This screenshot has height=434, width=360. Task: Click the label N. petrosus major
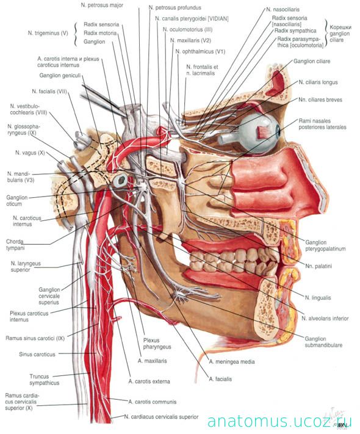[102, 5]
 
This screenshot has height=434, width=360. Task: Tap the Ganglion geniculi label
[60, 75]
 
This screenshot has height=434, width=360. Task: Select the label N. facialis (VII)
[49, 91]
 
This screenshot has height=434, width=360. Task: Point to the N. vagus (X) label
[30, 153]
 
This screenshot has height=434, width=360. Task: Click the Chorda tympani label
[15, 245]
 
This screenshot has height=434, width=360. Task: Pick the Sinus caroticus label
[37, 354]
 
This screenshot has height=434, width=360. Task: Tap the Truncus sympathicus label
[45, 380]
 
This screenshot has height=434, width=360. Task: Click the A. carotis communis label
[152, 402]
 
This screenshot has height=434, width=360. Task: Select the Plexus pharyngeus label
[157, 344]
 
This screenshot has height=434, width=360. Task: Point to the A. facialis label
[220, 379]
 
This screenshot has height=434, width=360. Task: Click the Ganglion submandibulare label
[323, 342]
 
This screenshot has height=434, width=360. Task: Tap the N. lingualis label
[318, 298]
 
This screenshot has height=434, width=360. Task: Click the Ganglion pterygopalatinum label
[325, 245]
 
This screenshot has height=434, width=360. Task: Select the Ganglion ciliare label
[312, 61]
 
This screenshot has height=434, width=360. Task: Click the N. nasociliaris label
[283, 9]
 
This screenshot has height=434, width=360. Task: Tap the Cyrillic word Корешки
[340, 27]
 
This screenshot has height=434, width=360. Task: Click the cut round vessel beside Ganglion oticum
[121, 180]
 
